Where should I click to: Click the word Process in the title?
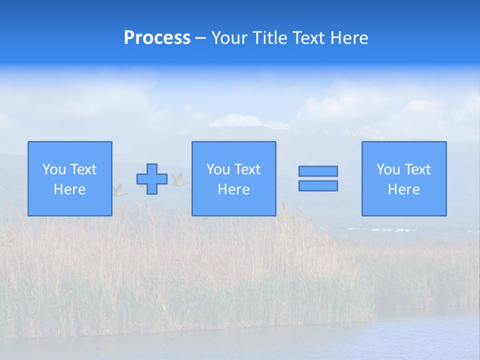click(157, 38)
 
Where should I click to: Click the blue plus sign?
click(152, 179)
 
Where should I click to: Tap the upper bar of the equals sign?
click(318, 171)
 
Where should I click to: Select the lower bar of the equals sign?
click(318, 186)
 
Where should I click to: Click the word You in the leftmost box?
click(54, 169)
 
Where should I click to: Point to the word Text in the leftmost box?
click(83, 169)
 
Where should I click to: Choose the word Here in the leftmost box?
click(69, 189)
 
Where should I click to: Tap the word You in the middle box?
click(218, 169)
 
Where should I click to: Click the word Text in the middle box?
click(247, 169)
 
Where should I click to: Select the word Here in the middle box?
click(233, 189)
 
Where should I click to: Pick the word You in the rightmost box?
click(388, 169)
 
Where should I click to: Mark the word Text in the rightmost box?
click(417, 169)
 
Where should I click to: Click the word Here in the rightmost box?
click(403, 189)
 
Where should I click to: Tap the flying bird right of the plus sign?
click(178, 179)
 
